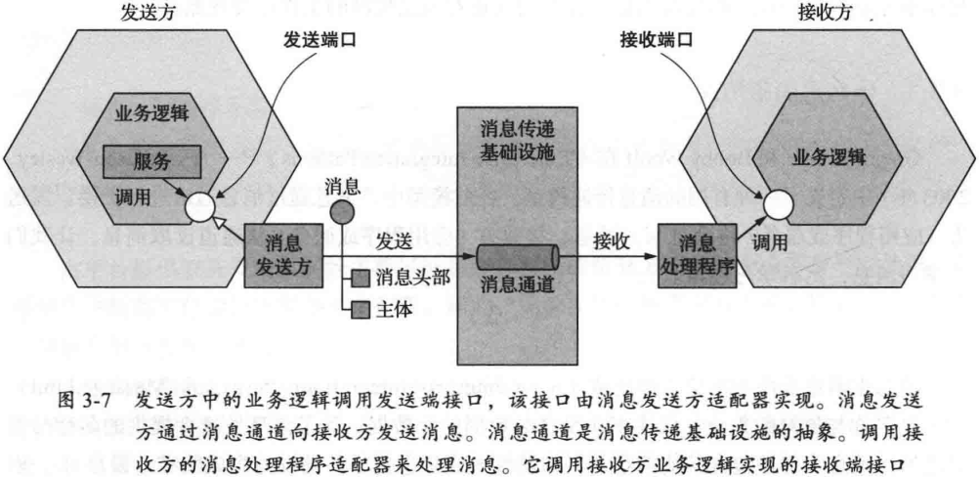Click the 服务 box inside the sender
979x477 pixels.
(150, 159)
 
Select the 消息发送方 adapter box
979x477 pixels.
(285, 254)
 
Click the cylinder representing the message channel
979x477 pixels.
(517, 258)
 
